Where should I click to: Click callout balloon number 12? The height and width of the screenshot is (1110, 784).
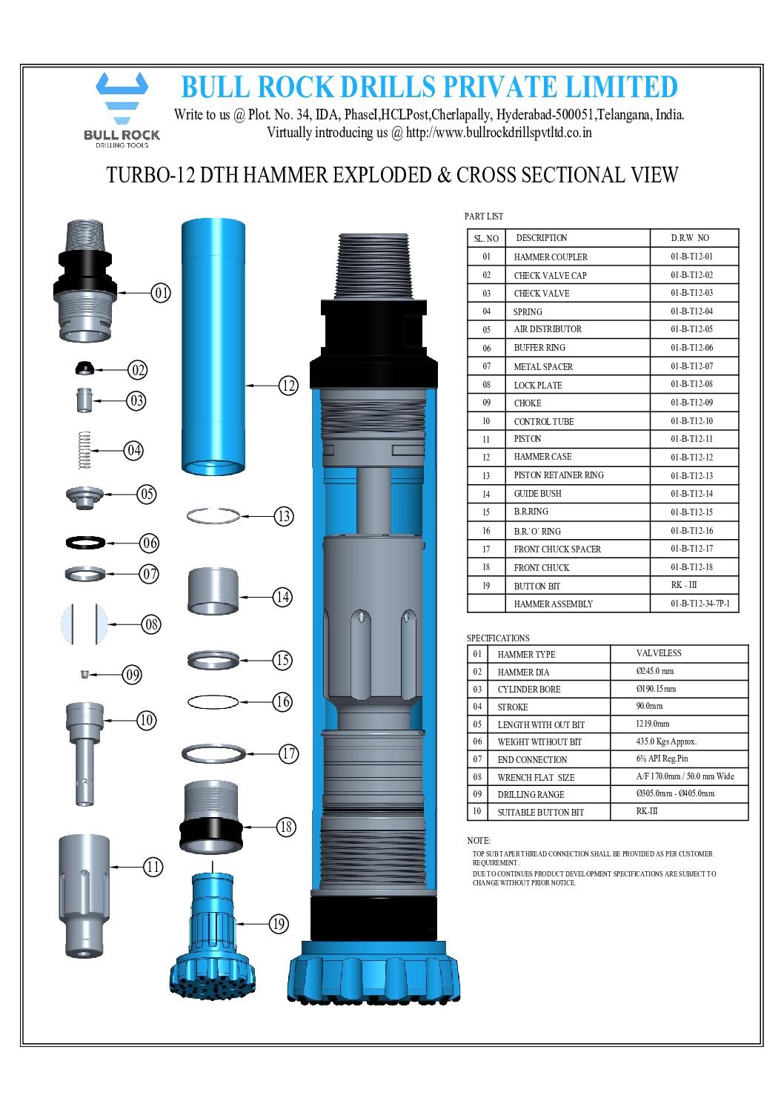[x=288, y=385]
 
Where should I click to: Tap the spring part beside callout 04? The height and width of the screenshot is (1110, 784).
[x=84, y=450]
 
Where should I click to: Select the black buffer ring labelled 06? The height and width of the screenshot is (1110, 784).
[x=85, y=543]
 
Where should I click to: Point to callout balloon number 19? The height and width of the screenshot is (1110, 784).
[x=279, y=924]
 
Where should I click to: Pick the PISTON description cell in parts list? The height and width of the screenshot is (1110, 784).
[x=528, y=439]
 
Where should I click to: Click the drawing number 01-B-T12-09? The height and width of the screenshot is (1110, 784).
[x=691, y=403]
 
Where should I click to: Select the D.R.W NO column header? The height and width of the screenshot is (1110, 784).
[x=690, y=238]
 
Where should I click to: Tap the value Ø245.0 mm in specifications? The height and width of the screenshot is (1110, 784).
[x=655, y=671]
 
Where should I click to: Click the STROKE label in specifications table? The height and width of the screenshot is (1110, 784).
[x=513, y=707]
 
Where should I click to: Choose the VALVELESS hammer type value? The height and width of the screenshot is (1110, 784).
[x=659, y=653]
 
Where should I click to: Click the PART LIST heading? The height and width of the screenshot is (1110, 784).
[x=484, y=217]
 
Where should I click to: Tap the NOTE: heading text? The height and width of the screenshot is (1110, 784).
[x=479, y=841]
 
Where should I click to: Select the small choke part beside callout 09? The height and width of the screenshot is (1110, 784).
[x=84, y=674]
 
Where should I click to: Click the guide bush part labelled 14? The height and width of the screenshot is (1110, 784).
[x=213, y=590]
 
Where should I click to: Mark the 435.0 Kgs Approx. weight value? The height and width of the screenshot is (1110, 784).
[x=666, y=741]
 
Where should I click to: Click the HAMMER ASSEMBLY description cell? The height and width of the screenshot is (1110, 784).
[x=554, y=604]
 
